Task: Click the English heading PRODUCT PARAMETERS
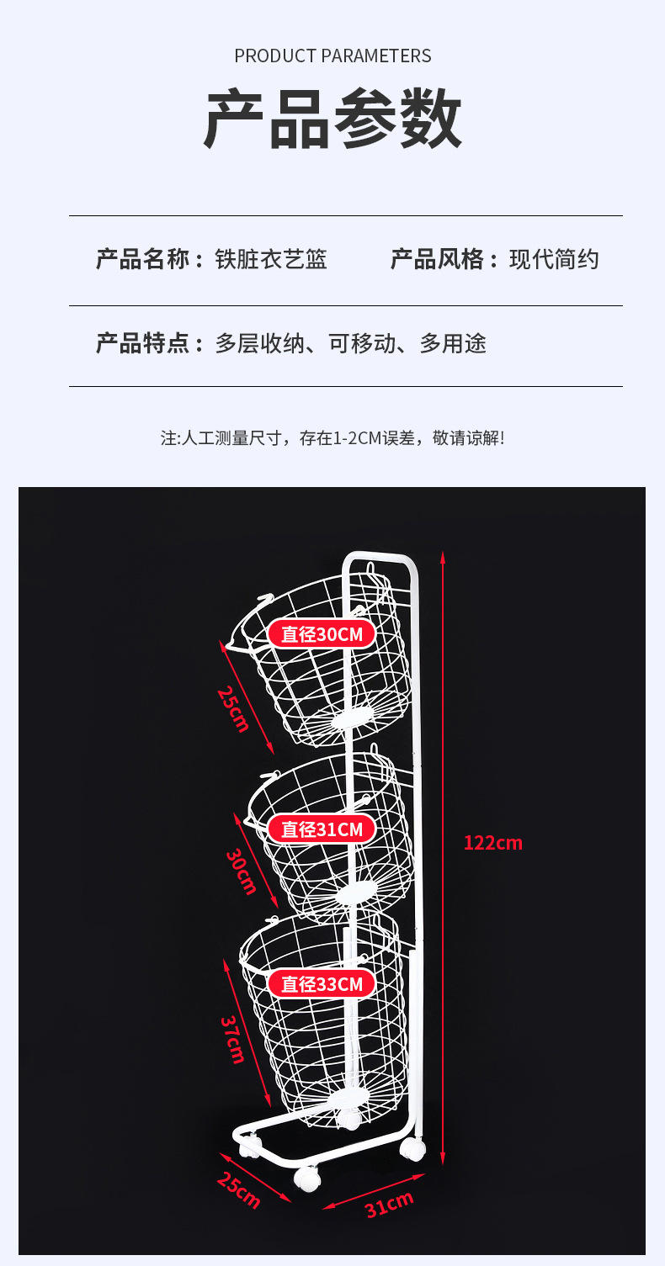click(332, 56)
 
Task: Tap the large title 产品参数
click(332, 119)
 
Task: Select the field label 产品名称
click(143, 259)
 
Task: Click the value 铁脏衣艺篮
click(270, 259)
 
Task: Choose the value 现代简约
click(554, 259)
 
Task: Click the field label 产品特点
click(143, 343)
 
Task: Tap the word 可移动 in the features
click(362, 343)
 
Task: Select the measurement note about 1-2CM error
click(332, 438)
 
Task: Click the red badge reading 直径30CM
click(322, 633)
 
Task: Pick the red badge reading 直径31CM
click(322, 829)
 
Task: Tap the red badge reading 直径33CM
click(322, 983)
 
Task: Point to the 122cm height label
click(493, 842)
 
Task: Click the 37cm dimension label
click(233, 1039)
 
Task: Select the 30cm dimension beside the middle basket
click(242, 871)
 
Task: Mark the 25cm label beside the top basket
click(233, 708)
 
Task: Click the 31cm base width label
click(389, 1205)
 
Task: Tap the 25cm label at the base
click(238, 1190)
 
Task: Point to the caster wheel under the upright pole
click(412, 1149)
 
